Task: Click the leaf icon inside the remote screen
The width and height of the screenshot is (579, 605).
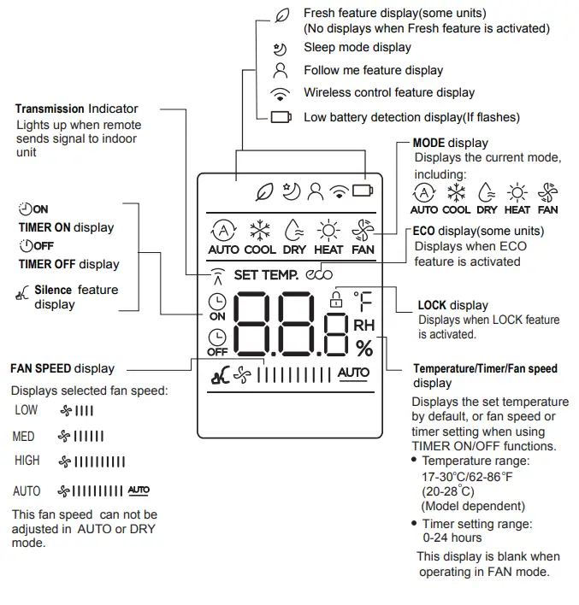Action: (x=265, y=192)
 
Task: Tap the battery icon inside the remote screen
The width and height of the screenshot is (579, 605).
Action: (x=363, y=191)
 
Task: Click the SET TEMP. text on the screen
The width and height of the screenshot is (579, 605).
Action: (x=266, y=275)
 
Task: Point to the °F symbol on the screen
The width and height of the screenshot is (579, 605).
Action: (x=364, y=300)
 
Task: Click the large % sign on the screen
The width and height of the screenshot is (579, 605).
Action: (x=364, y=348)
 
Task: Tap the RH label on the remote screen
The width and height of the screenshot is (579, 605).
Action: (x=364, y=325)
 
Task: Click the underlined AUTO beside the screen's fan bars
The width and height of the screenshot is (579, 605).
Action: (x=353, y=373)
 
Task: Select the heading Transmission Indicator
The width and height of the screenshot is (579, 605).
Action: (x=76, y=109)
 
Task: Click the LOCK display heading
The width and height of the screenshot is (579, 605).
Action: (x=452, y=305)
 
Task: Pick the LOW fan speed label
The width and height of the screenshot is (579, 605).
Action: (x=27, y=410)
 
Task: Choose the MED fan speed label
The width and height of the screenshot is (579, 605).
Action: (x=24, y=437)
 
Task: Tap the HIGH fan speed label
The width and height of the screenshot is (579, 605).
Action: (x=27, y=461)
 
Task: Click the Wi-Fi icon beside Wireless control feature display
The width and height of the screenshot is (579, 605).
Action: (x=280, y=93)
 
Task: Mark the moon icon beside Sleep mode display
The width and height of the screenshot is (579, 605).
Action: (x=280, y=49)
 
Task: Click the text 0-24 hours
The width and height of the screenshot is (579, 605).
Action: (x=452, y=537)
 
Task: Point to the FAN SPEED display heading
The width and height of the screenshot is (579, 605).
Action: (x=62, y=368)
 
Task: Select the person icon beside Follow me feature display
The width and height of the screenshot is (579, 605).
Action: (x=280, y=71)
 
